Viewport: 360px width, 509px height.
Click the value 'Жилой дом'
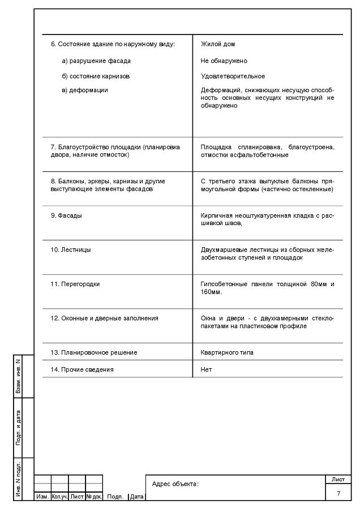(x=218, y=44)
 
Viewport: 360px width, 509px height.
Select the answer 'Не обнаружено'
(x=224, y=61)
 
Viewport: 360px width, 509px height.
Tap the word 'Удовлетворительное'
(x=233, y=76)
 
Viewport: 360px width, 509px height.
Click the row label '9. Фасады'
(x=66, y=215)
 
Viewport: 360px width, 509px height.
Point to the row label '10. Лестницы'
(x=70, y=249)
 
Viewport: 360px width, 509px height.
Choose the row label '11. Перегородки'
(x=75, y=284)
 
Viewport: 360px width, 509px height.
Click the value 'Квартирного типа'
(x=227, y=352)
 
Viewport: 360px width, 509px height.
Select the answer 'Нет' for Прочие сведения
(x=206, y=369)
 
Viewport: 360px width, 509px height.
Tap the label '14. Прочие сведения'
(x=82, y=369)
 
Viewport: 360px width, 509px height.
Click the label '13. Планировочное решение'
(x=93, y=352)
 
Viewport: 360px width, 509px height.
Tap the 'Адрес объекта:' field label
(x=175, y=484)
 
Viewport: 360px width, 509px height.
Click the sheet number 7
(x=338, y=494)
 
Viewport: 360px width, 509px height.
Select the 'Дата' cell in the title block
(x=136, y=497)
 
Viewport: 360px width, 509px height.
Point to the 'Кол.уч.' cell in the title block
(x=59, y=497)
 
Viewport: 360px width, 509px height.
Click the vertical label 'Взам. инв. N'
(x=19, y=376)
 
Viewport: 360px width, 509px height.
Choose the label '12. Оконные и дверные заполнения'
(x=104, y=318)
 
